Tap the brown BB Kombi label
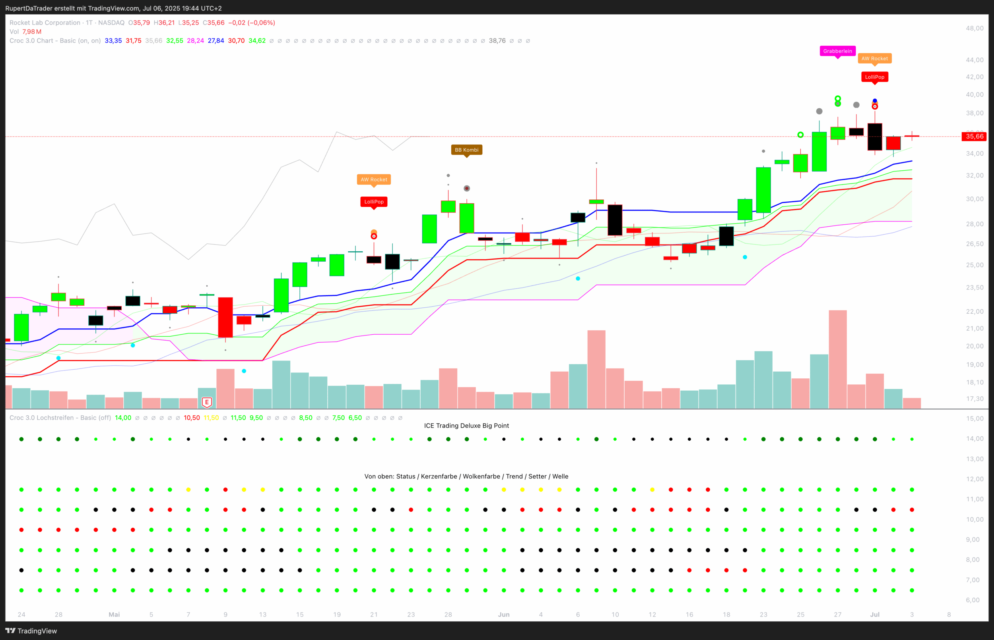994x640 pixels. tap(466, 150)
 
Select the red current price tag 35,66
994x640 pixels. tap(974, 136)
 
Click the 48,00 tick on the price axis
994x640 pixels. tap(975, 28)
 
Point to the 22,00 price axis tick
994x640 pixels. tap(975, 311)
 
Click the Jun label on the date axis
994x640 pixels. tap(503, 614)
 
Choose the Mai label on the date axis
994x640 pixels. tap(114, 614)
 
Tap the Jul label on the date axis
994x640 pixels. tap(875, 614)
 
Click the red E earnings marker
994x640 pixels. tap(207, 402)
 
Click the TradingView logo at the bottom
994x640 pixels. tap(31, 631)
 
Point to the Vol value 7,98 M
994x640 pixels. tap(32, 32)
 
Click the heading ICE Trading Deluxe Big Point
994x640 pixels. tap(466, 426)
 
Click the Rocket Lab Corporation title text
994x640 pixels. tap(45, 23)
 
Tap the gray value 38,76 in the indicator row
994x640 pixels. tap(497, 41)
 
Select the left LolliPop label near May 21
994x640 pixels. tap(374, 202)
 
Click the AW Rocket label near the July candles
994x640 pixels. tap(874, 59)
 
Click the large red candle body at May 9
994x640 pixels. tap(225, 317)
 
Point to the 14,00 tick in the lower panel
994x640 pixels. tap(975, 438)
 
